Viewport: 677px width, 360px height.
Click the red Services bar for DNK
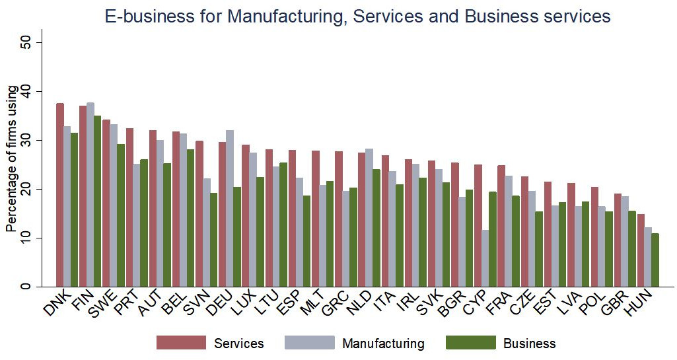click(60, 195)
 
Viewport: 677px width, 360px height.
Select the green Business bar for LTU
click(284, 225)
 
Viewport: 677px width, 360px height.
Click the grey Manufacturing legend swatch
click(309, 343)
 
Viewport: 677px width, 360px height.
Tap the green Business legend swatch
click(471, 343)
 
